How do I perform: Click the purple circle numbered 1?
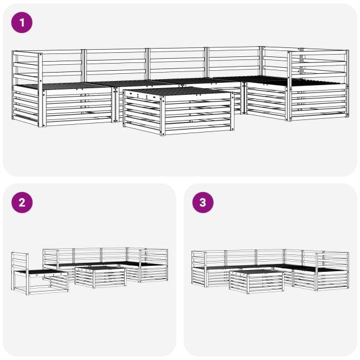tap(22, 23)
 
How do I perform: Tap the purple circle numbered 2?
tap(22, 203)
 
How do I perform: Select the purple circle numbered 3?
tap(203, 203)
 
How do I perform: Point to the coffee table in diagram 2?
tap(100, 276)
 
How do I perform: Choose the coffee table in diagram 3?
tap(256, 281)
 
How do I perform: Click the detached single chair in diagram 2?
tap(40, 274)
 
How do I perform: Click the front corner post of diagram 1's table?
tap(163, 116)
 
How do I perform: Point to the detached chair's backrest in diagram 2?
tap(20, 262)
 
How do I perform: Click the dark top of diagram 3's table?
tap(256, 272)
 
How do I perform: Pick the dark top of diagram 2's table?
tap(100, 268)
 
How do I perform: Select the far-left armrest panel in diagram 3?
tap(199, 269)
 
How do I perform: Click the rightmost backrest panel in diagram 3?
tap(332, 261)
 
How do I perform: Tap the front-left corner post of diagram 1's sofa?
tap(40, 90)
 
